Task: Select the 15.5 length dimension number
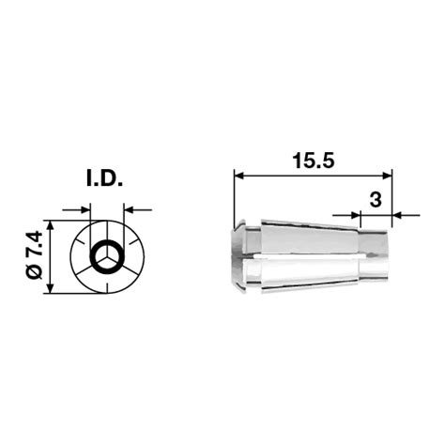pos(313,161)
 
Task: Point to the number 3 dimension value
pos(375,199)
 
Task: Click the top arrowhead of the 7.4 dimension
pos(50,226)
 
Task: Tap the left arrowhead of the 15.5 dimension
pos(238,175)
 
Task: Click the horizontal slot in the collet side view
pos(300,257)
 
